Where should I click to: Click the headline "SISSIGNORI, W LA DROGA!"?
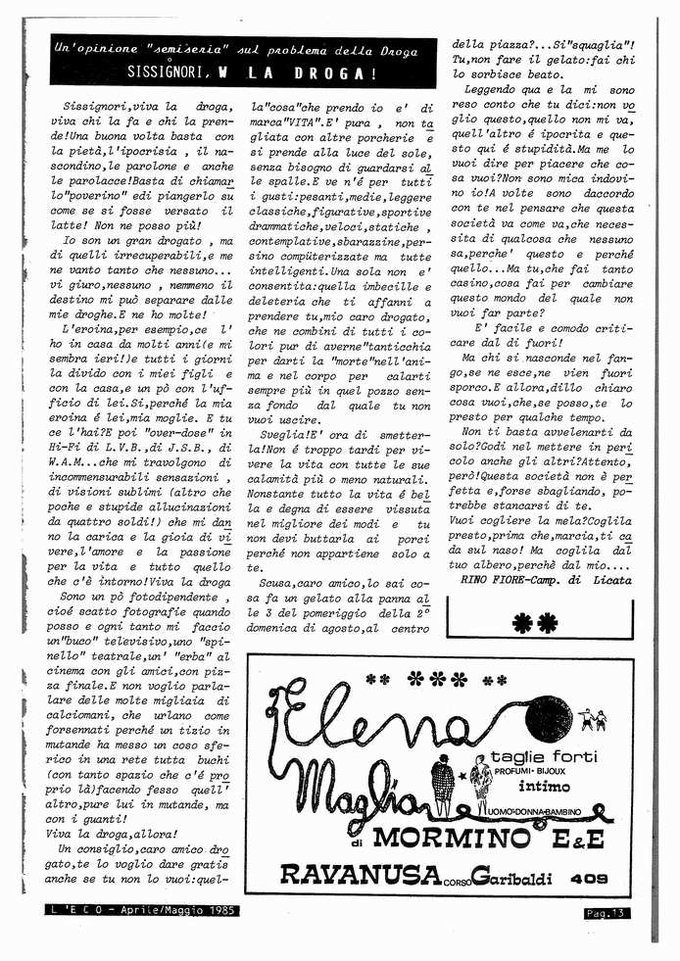tap(252, 73)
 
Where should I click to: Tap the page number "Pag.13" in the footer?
tap(602, 913)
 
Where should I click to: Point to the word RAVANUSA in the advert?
tap(347, 872)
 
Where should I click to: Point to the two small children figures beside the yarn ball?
tap(592, 722)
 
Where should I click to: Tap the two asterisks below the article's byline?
tap(534, 619)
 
